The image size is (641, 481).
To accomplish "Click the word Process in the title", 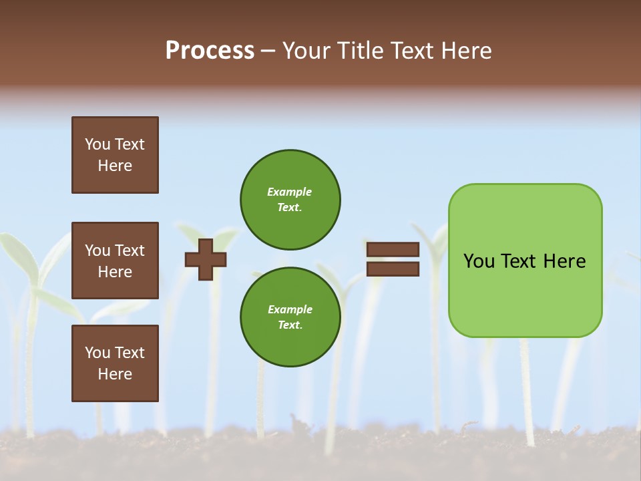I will click(x=210, y=51).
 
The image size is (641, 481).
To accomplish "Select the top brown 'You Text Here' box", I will click(x=115, y=155).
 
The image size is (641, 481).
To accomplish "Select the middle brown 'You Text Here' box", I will click(x=115, y=261).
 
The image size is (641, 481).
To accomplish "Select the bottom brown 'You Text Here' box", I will click(x=115, y=363).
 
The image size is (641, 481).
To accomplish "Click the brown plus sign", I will click(x=206, y=259).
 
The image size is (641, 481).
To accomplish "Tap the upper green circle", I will click(x=290, y=200).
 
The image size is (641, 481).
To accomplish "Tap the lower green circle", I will click(x=290, y=317).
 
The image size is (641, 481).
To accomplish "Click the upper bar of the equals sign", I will click(x=393, y=249).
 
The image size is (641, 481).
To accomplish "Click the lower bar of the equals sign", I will click(x=393, y=269).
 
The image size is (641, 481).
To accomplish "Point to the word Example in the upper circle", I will click(x=290, y=192).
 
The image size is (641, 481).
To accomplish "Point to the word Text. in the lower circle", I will click(x=290, y=325).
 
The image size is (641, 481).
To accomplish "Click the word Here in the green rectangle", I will click(x=564, y=261).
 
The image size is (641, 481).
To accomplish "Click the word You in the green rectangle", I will click(x=479, y=261).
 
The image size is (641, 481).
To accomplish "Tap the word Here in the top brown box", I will click(x=115, y=166).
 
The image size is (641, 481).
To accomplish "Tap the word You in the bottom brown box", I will click(x=97, y=353).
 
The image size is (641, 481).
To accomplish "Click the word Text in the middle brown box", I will click(x=130, y=251).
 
